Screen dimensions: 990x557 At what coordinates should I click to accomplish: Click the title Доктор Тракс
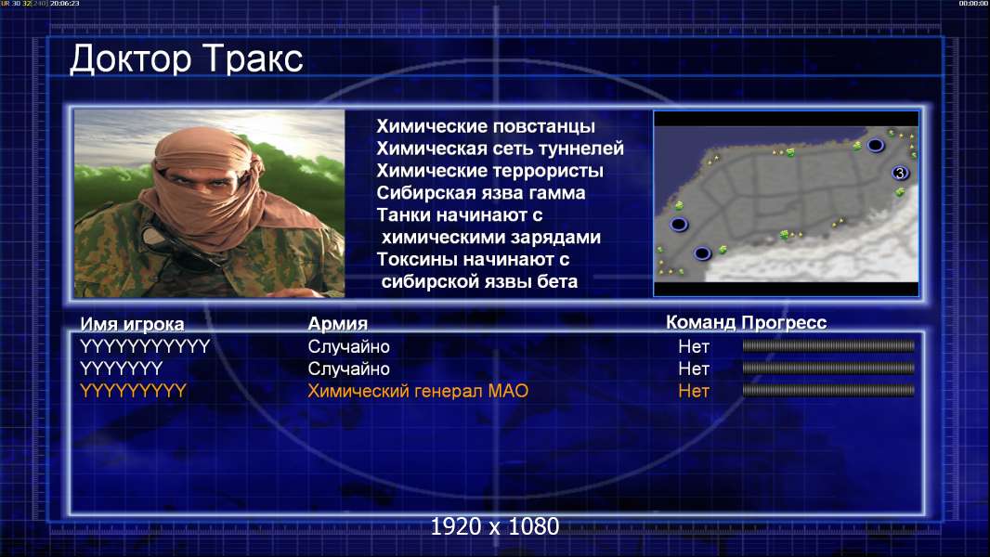click(187, 59)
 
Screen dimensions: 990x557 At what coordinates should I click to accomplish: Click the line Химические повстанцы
click(486, 126)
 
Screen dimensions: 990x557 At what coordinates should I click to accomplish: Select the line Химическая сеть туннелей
click(500, 149)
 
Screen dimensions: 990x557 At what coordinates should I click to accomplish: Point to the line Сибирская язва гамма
click(481, 192)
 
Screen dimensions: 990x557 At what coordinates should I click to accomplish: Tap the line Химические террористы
click(490, 170)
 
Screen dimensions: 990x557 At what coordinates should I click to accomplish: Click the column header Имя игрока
click(132, 324)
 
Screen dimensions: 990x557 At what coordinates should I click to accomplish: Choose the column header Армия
click(337, 324)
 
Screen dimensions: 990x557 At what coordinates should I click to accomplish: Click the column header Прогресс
click(784, 322)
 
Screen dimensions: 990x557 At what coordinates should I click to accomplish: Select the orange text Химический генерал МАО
click(417, 391)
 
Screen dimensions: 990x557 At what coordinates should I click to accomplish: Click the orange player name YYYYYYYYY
click(133, 391)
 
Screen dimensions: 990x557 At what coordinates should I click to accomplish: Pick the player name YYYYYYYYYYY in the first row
click(145, 346)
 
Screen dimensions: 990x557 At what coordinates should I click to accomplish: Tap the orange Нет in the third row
click(693, 391)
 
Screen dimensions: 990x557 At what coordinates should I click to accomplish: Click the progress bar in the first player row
click(828, 345)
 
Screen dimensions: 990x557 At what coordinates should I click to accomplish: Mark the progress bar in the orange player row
click(828, 391)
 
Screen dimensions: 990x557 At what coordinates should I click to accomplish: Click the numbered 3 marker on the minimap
click(900, 173)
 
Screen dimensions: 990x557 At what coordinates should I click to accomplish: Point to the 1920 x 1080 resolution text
click(495, 526)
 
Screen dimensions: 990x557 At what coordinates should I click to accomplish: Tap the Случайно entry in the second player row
click(348, 369)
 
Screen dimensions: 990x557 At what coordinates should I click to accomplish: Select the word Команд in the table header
click(700, 322)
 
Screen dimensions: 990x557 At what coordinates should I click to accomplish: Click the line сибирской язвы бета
click(479, 281)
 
